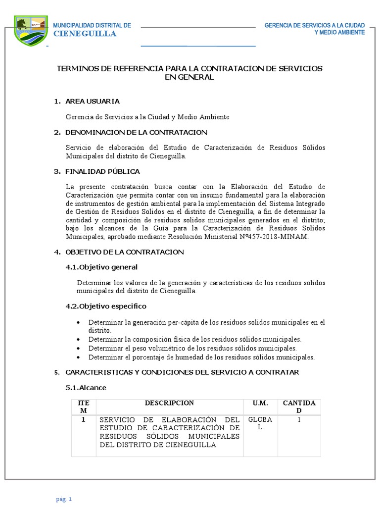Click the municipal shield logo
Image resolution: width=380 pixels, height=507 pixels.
(31, 30)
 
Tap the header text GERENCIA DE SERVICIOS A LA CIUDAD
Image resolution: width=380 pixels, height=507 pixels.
(315, 25)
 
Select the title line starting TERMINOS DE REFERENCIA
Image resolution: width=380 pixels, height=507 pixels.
(190, 68)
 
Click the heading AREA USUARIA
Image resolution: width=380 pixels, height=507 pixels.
(93, 101)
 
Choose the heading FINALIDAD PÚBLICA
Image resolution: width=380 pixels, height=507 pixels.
(102, 171)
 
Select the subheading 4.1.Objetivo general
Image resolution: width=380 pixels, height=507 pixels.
(101, 267)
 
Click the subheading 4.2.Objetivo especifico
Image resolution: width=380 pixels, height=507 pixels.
(106, 306)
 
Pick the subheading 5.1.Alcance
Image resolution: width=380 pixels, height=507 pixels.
(86, 387)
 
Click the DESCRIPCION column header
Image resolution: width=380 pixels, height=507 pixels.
(169, 403)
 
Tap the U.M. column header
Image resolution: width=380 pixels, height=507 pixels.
(259, 403)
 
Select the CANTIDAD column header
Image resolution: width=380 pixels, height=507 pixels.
(299, 407)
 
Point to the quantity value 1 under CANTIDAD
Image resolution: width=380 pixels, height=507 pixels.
(299, 419)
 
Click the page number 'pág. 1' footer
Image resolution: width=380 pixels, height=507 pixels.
(64, 499)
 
